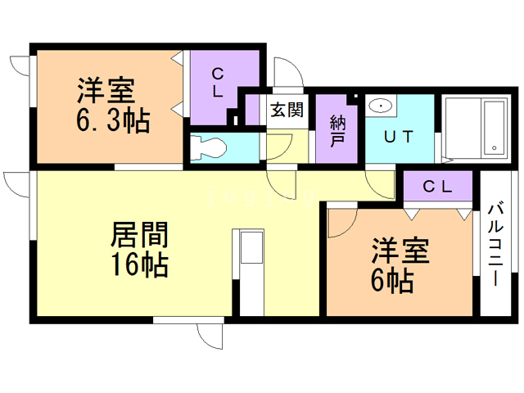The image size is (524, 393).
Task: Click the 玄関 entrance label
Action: [287, 110]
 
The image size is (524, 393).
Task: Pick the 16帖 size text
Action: [140, 265]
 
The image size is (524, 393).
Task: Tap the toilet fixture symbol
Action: [208, 150]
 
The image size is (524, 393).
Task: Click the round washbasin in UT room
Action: [381, 106]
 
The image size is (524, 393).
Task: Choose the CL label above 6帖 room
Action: [437, 186]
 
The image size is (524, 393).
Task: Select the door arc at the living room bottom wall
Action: [208, 335]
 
